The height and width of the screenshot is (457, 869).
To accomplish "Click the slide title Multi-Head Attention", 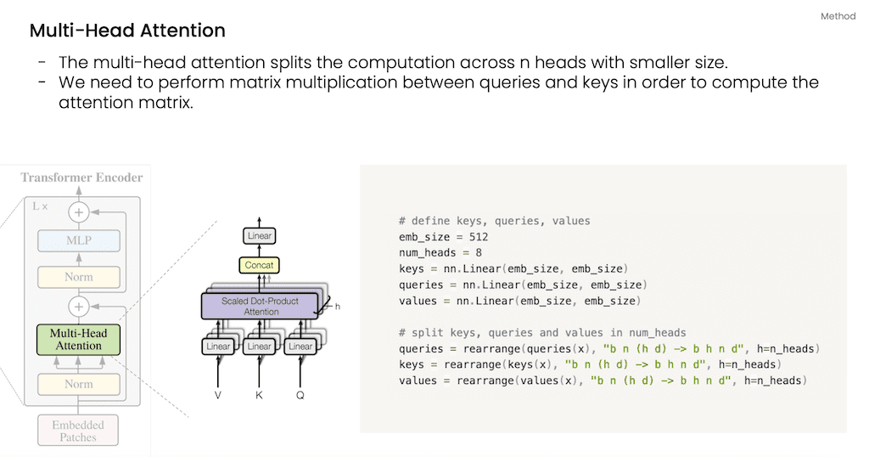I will [x=127, y=31].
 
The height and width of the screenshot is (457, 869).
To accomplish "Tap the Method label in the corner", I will [x=838, y=16].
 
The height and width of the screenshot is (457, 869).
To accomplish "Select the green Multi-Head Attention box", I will [x=79, y=339].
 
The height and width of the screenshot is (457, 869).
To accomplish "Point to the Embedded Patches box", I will [x=78, y=431].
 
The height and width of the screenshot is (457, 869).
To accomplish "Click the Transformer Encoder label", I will [x=81, y=178].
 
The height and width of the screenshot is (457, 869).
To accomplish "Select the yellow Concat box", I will [x=260, y=265].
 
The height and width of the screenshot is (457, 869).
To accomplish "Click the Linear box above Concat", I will [x=260, y=235].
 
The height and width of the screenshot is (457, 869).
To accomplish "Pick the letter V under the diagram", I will [x=219, y=395].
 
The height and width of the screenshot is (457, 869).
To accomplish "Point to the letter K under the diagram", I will [x=260, y=395].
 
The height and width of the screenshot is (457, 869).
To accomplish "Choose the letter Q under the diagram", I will [x=300, y=395].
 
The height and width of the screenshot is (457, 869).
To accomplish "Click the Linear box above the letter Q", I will [x=300, y=347].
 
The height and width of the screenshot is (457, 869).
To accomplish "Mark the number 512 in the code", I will [x=477, y=237].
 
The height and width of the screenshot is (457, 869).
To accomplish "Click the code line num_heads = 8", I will [x=441, y=253].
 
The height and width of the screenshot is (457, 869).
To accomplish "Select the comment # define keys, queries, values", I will [x=494, y=221].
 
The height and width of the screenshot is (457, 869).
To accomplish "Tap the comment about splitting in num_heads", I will [x=542, y=333].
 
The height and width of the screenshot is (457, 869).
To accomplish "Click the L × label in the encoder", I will [x=39, y=206].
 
